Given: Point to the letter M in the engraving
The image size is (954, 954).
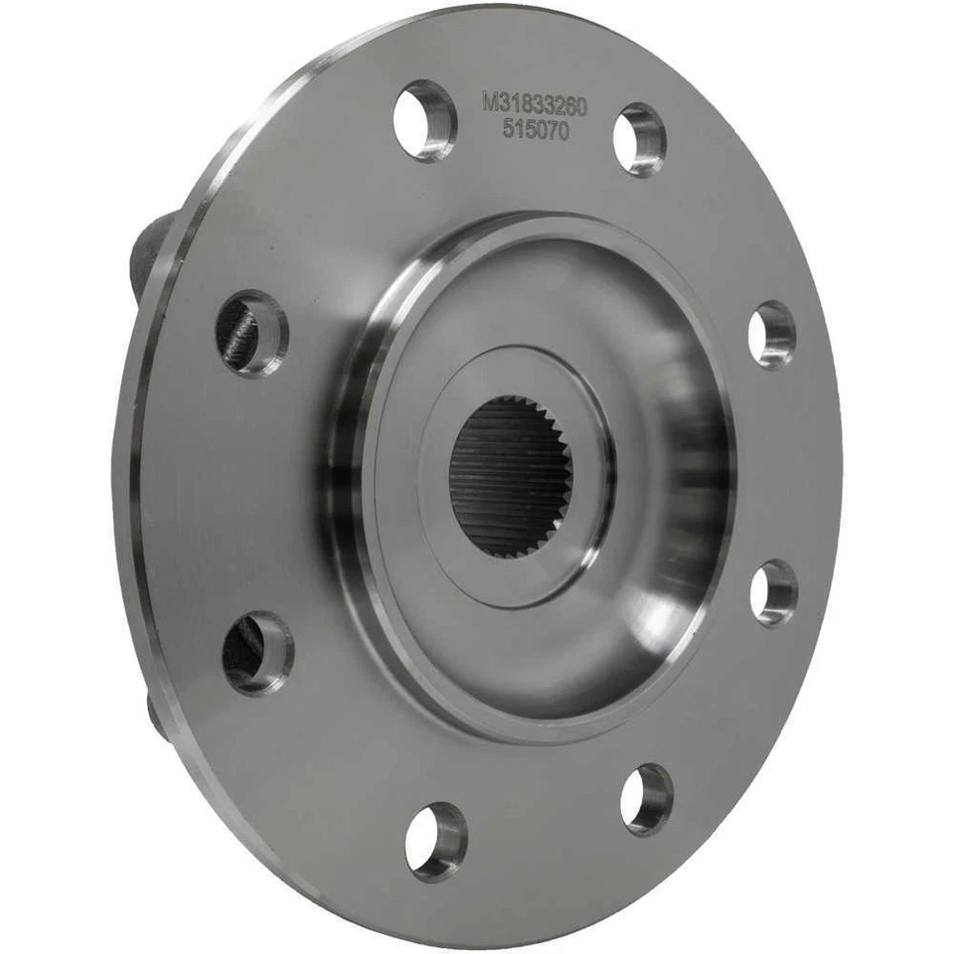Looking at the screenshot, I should pos(489,101).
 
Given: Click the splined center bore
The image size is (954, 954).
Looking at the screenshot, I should pos(510,475).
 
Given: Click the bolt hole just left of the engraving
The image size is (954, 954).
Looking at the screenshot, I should pos(424,120).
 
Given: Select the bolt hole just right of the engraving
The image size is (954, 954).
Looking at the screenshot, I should pos(639,139).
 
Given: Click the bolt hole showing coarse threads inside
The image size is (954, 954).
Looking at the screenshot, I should pos(250,332).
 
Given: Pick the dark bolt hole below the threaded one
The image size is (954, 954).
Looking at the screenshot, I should pos(256,652).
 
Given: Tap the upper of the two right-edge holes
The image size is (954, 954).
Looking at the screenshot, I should pos(772,335).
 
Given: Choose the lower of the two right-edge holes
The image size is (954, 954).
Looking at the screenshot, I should pos(773,593).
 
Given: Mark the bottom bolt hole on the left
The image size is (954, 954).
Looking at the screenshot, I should pos(435,841).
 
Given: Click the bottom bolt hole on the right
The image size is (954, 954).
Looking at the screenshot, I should pos(646,799).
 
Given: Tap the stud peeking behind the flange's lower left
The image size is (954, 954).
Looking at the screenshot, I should pos(155,714).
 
